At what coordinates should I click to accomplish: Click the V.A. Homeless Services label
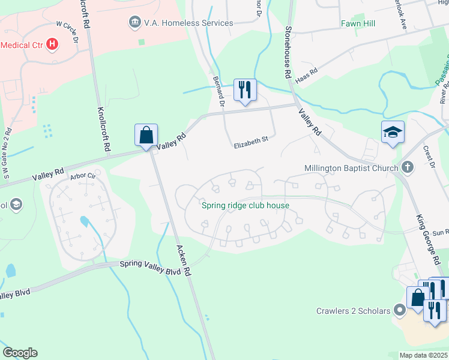click(x=188, y=23)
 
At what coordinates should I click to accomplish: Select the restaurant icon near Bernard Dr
click(x=244, y=90)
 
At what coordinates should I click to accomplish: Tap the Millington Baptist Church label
click(x=351, y=168)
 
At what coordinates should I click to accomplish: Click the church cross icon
click(x=408, y=167)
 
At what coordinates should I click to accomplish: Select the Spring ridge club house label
click(x=246, y=206)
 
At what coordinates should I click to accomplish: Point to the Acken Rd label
click(x=183, y=259)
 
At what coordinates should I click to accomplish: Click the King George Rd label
click(x=426, y=238)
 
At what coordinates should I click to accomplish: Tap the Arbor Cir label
click(x=83, y=176)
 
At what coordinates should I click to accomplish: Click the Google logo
click(x=20, y=352)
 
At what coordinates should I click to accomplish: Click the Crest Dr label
click(x=428, y=154)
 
